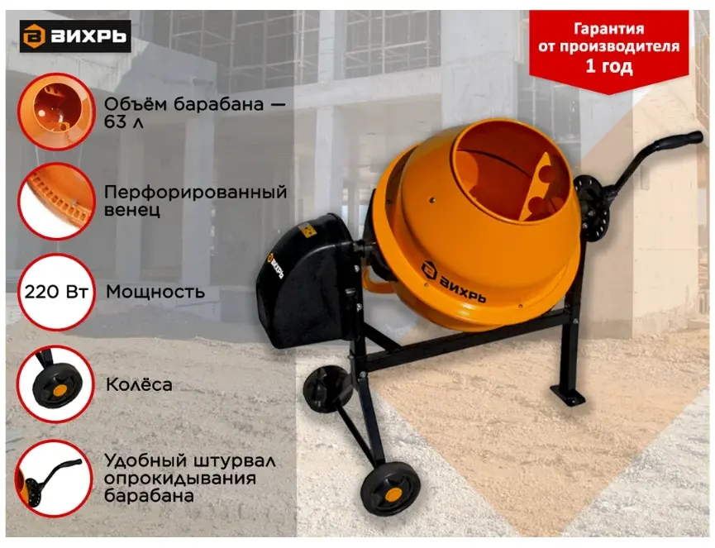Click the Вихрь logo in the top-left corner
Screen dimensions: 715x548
75,36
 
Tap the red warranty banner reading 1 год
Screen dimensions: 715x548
608,50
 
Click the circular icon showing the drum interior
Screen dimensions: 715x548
56,112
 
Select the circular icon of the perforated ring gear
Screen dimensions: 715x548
56,201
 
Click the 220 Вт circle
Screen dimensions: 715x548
56,292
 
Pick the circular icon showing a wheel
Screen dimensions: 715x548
55,384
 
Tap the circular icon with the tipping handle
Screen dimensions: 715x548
54,479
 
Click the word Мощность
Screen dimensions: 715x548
155,292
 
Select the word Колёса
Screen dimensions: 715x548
139,385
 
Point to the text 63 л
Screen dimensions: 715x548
123,122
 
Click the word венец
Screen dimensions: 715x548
132,210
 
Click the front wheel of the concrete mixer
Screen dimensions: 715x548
391,488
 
